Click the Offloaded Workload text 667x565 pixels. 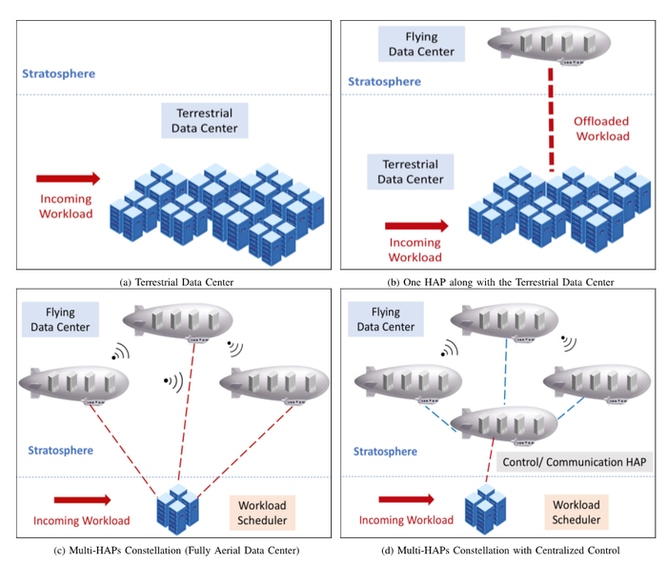601,129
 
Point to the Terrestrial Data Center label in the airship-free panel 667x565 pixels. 205,120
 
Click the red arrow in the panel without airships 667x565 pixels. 68,178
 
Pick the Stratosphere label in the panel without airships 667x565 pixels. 60,73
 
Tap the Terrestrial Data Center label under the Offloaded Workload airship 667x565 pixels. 411,172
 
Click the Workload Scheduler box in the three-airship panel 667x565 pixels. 261,512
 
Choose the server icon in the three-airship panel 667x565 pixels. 176,510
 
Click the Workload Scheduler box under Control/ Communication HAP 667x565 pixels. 576,512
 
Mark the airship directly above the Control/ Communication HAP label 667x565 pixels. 503,426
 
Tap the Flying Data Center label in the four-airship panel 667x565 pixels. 386,319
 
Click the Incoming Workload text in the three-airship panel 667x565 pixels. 81,520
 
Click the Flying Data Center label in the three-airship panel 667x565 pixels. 61,319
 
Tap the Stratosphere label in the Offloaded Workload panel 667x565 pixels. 384,82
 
